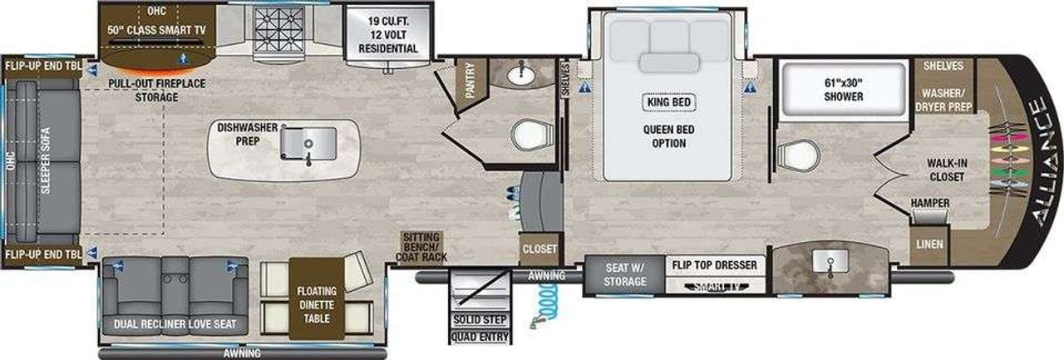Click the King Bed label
pos(669,102)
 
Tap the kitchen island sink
pos(308,144)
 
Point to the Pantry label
pos(470,81)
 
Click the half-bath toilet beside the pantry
pos(532,135)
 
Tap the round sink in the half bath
pos(521,75)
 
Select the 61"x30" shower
pos(844,89)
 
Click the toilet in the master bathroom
pos(798,155)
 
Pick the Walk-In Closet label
pos(947,170)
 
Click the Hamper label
pos(930,203)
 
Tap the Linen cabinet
pos(929,245)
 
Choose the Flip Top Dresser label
pos(714,265)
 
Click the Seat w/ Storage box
pos(624,274)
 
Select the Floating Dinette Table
pos(317,298)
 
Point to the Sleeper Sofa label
pos(46,160)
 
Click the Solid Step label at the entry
pos(480,319)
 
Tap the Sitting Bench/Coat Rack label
pos(421,247)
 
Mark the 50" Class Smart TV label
pos(156,30)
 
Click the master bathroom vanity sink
pos(830,262)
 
